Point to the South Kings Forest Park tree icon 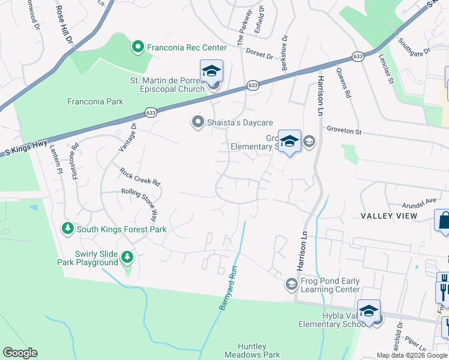[68, 229]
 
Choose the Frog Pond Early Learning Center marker [292, 284]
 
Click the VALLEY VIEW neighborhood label [388, 215]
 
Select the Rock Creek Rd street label [140, 176]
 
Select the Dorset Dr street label [259, 54]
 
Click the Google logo [20, 353]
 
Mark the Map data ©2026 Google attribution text [412, 355]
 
